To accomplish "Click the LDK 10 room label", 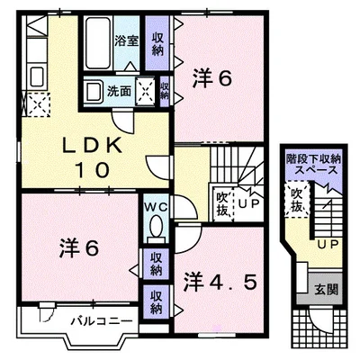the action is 93,158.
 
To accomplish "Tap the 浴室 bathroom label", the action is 127,40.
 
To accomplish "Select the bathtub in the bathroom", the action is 98,43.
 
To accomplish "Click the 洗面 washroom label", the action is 120,91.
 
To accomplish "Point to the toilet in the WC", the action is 156,227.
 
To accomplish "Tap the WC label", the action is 156,206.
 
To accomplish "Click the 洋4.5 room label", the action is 220,282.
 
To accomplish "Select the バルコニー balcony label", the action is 102,321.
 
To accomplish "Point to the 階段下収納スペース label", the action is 314,164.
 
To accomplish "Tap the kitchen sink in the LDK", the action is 37,76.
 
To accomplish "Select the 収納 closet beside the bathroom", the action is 157,43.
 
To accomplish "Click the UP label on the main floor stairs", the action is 248,203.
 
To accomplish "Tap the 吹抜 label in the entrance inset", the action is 296,200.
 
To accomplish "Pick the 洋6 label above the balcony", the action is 79,248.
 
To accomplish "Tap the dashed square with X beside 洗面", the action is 146,92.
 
